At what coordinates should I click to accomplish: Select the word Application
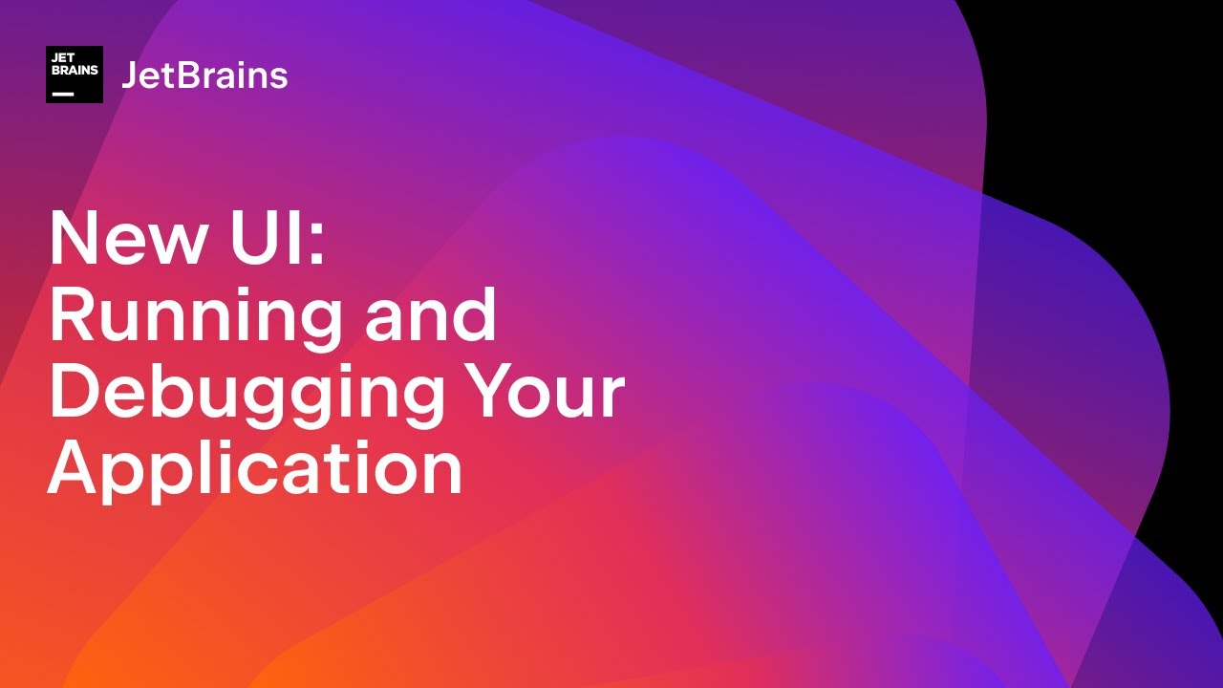pyautogui.click(x=255, y=471)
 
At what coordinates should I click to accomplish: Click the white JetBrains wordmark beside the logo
pyautogui.click(x=204, y=75)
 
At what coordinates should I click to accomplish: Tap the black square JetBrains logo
pyautogui.click(x=75, y=75)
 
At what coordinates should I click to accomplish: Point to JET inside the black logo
pyautogui.click(x=63, y=59)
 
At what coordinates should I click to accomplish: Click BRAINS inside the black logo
pyautogui.click(x=75, y=71)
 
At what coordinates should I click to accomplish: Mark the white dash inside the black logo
pyautogui.click(x=63, y=94)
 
